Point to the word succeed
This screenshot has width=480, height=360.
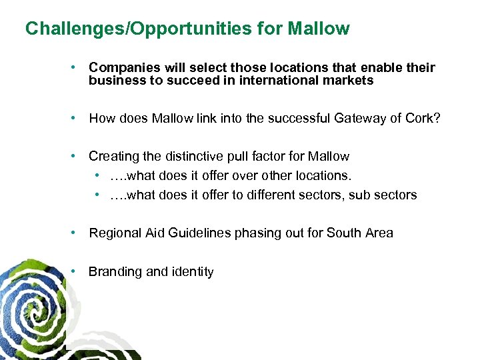click(181, 81)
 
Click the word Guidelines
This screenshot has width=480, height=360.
click(197, 233)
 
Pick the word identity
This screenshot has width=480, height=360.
click(192, 271)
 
